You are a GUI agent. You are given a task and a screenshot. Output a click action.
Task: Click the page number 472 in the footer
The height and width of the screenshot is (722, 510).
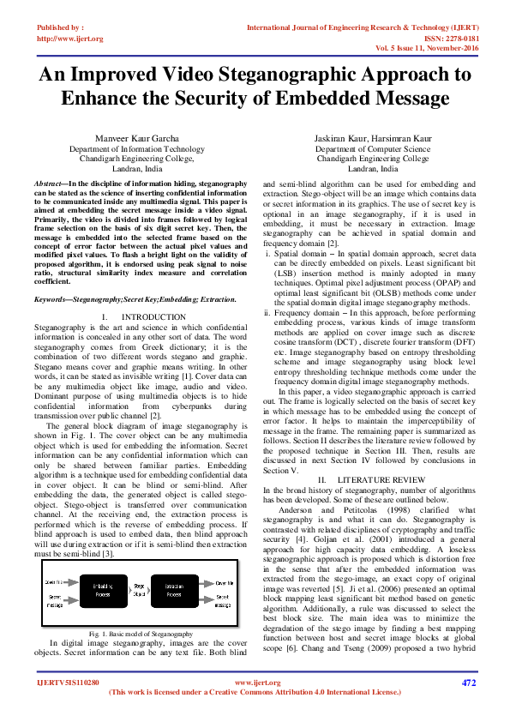[x=468, y=683]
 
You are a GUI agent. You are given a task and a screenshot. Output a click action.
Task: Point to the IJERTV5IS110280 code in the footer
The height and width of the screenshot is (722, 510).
[x=68, y=683]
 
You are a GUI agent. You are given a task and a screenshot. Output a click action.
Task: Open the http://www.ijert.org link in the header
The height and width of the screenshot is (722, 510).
[x=69, y=39]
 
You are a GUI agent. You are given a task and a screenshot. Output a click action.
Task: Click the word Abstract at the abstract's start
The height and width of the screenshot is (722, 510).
[x=50, y=184]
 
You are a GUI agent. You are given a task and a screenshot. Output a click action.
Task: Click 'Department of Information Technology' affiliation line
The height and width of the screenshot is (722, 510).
[x=136, y=148]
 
